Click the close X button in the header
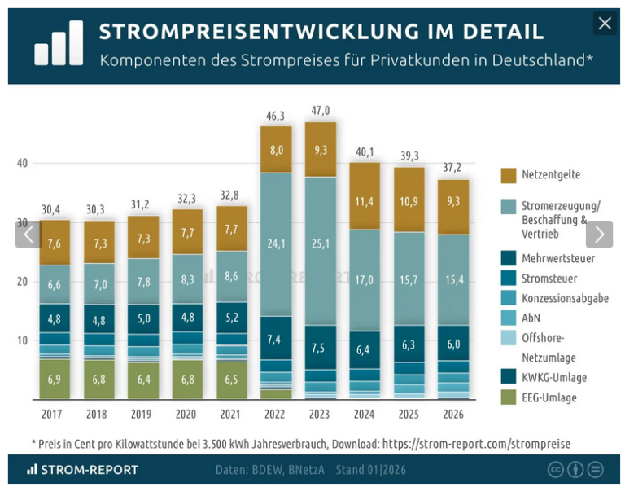[x=604, y=24]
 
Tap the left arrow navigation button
[x=28, y=235]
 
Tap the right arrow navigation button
[x=599, y=235]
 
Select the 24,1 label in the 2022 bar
[x=276, y=243]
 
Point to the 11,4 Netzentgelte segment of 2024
[x=365, y=201]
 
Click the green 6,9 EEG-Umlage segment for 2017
[x=55, y=380]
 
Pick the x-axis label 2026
[x=453, y=415]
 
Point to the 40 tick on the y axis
[x=23, y=163]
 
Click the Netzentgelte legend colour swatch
[x=509, y=175]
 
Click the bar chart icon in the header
[x=59, y=43]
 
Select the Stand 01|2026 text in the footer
[x=371, y=470]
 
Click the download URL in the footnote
[x=476, y=444]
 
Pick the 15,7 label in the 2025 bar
[x=409, y=280]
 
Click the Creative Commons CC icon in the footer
[x=556, y=470]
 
